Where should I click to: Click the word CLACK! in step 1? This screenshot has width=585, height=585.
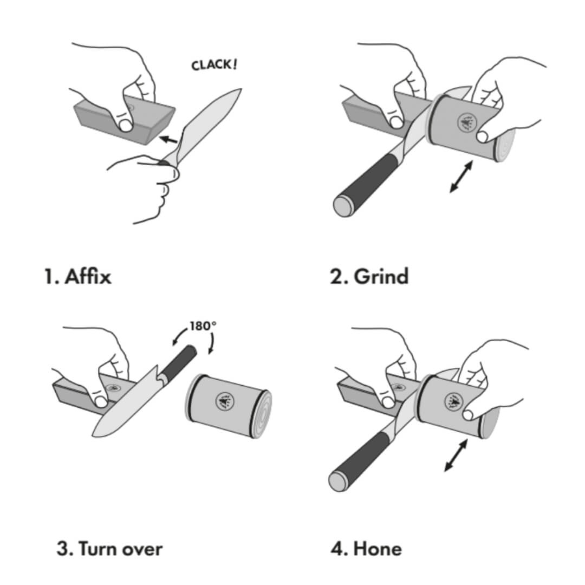point(214,64)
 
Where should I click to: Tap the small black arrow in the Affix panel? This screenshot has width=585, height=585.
point(170,140)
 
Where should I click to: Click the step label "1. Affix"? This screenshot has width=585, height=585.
point(77,276)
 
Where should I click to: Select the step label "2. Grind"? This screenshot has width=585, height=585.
point(369,276)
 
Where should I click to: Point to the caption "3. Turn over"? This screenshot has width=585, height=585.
point(109,548)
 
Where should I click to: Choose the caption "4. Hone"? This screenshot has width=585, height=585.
point(366,548)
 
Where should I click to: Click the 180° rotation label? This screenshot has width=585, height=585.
point(203,327)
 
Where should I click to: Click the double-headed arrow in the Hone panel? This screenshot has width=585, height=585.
point(456,455)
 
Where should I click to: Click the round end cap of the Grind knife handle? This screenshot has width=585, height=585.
point(342,206)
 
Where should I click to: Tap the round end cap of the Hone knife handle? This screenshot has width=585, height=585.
point(339,480)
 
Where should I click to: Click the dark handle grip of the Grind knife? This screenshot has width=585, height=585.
point(374,176)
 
